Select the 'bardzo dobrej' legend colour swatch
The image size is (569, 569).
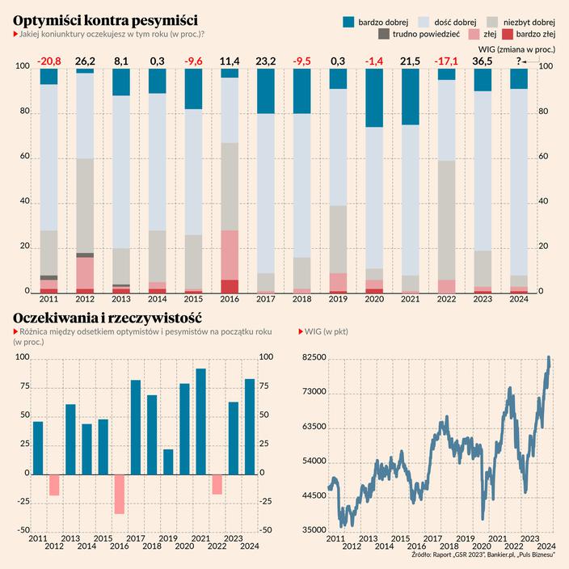[x=349, y=19]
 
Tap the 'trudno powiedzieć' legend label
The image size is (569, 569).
[x=426, y=34]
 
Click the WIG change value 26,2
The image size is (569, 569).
[x=85, y=61]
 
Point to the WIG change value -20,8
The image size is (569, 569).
[x=48, y=61]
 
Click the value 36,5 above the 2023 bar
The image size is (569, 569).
[x=483, y=61]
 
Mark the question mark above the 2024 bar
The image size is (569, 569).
[x=518, y=61]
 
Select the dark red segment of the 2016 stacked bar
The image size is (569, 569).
[x=230, y=286]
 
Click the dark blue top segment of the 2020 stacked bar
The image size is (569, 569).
[x=373, y=98]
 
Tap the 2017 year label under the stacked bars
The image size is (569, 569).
[x=266, y=299]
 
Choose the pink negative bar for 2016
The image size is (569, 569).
[x=119, y=493]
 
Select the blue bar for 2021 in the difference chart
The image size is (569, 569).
[x=200, y=421]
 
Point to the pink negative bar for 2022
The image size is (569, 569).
[x=217, y=483]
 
